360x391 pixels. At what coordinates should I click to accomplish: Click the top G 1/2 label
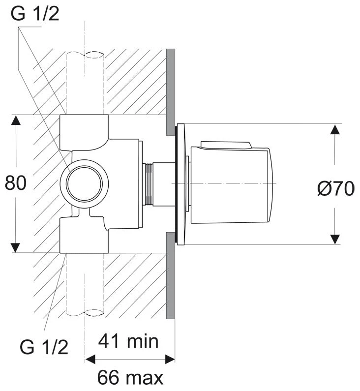coord(35,14)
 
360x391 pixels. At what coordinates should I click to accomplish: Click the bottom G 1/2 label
coord(44,347)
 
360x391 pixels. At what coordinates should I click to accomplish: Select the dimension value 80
coord(15,183)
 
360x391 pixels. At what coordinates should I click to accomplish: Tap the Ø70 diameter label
coord(335,188)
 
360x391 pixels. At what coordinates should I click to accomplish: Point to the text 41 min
coord(128,341)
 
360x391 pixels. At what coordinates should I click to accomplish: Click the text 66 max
coord(130,377)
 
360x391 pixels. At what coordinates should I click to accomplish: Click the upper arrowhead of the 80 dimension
coord(16,120)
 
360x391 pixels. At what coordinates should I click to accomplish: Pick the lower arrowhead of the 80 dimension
coord(16,247)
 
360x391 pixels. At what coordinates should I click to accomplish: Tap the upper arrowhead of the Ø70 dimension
coord(335,129)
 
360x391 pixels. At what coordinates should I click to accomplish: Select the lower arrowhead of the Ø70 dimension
coord(335,239)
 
